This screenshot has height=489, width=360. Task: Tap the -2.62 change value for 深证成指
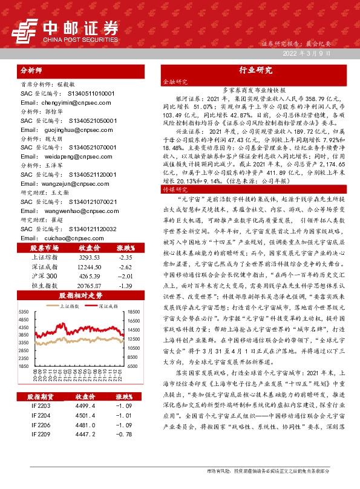point(125,249)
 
